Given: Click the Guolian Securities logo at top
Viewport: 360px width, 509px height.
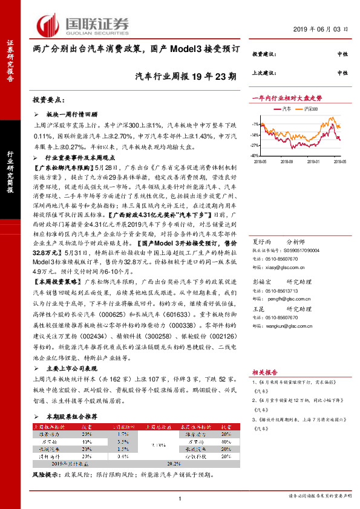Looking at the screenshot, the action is (83, 25).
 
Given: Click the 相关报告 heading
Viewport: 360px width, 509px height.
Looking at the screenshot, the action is (264, 374).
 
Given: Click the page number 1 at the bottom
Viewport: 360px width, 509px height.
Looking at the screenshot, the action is (180, 498).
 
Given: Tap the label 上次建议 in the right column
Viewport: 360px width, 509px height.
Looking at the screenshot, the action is (263, 73).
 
